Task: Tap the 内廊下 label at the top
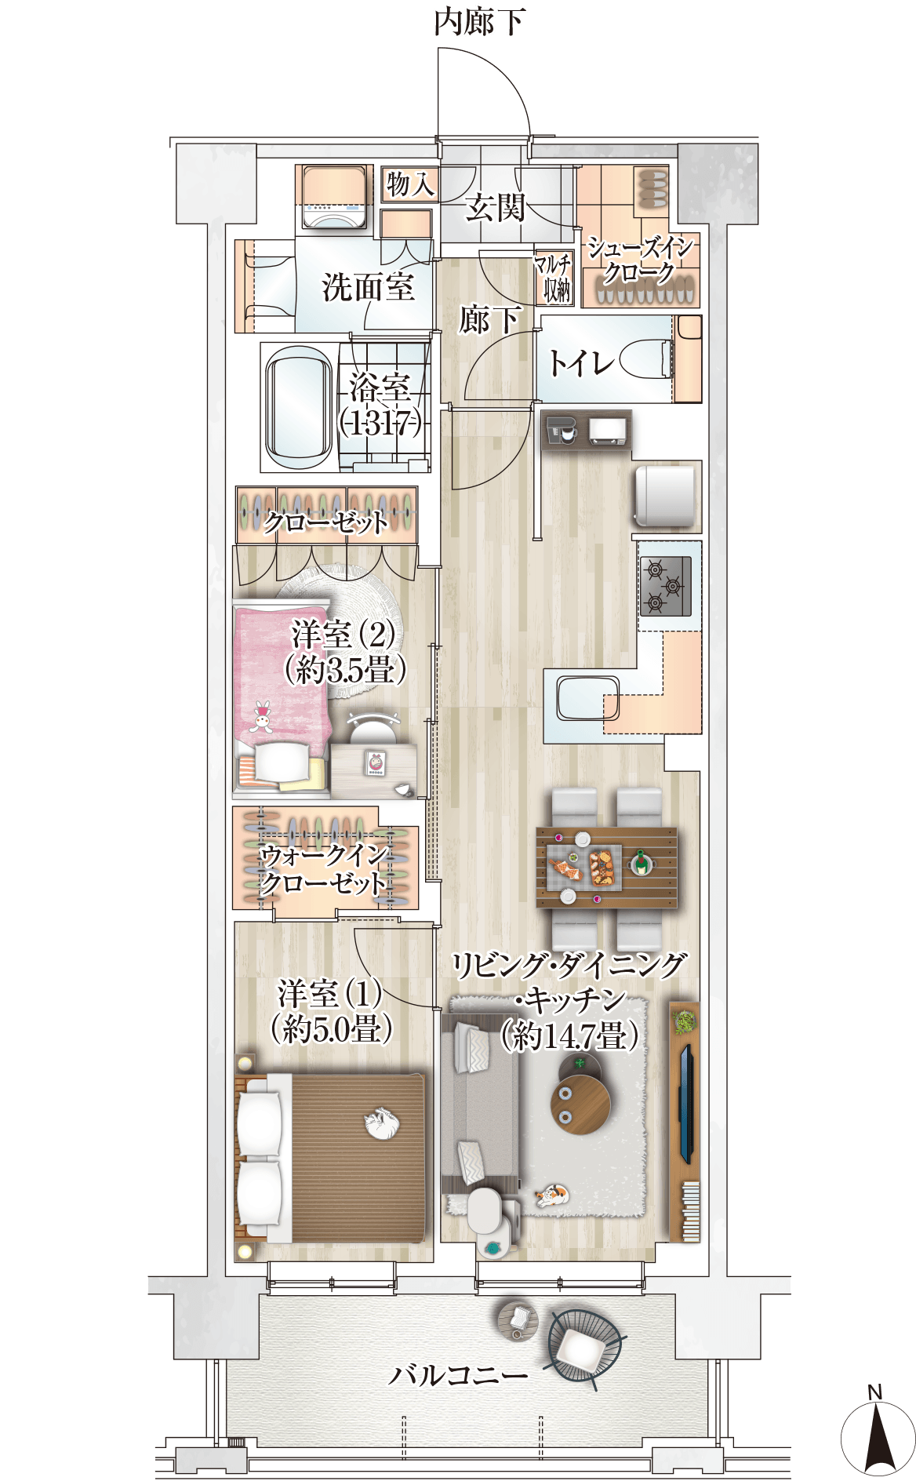click(479, 22)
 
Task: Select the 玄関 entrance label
click(495, 208)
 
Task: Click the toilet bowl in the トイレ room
click(646, 360)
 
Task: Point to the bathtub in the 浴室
click(299, 406)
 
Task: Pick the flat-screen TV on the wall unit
click(686, 1103)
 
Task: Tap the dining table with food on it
click(606, 867)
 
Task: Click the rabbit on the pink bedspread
click(262, 716)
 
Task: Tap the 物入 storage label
click(409, 184)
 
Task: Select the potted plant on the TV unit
click(685, 1021)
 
